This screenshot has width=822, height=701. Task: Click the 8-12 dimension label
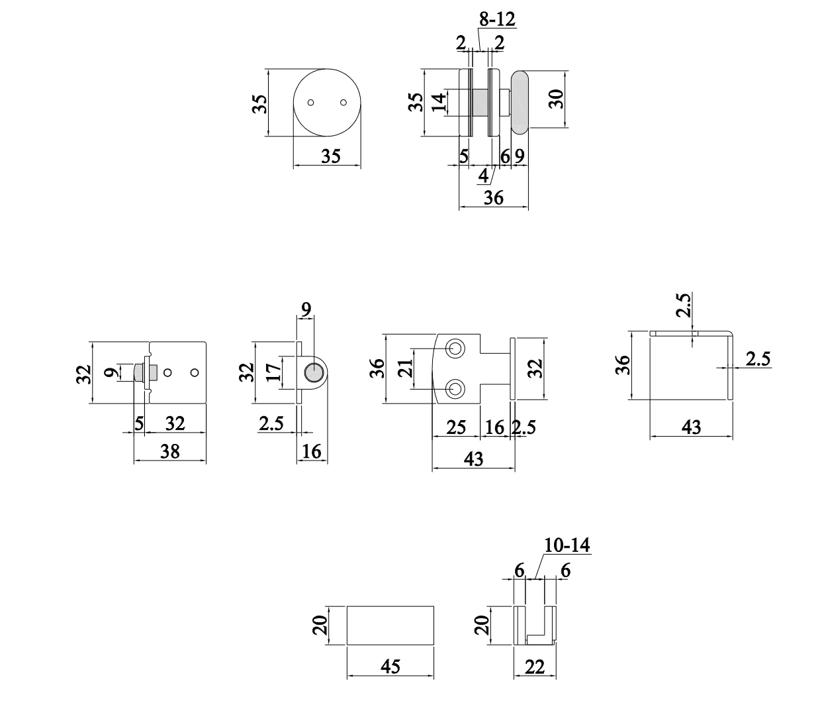tap(496, 20)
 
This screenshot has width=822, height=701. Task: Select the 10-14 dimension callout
tap(567, 545)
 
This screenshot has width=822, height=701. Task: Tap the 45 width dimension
tap(390, 666)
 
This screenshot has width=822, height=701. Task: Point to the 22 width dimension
tap(534, 667)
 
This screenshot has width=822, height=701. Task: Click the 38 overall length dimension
tap(170, 451)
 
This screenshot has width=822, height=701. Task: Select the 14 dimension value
tap(438, 103)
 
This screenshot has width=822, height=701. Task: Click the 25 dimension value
tap(456, 427)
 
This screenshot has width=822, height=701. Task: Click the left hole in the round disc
tap(311, 103)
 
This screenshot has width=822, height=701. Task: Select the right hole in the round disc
tap(343, 103)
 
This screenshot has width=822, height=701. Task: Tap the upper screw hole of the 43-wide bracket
tap(455, 349)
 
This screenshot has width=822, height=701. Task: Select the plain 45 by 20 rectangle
tap(390, 624)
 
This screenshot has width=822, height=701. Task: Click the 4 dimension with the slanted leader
tap(483, 176)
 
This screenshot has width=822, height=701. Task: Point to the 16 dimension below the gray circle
tap(311, 451)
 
